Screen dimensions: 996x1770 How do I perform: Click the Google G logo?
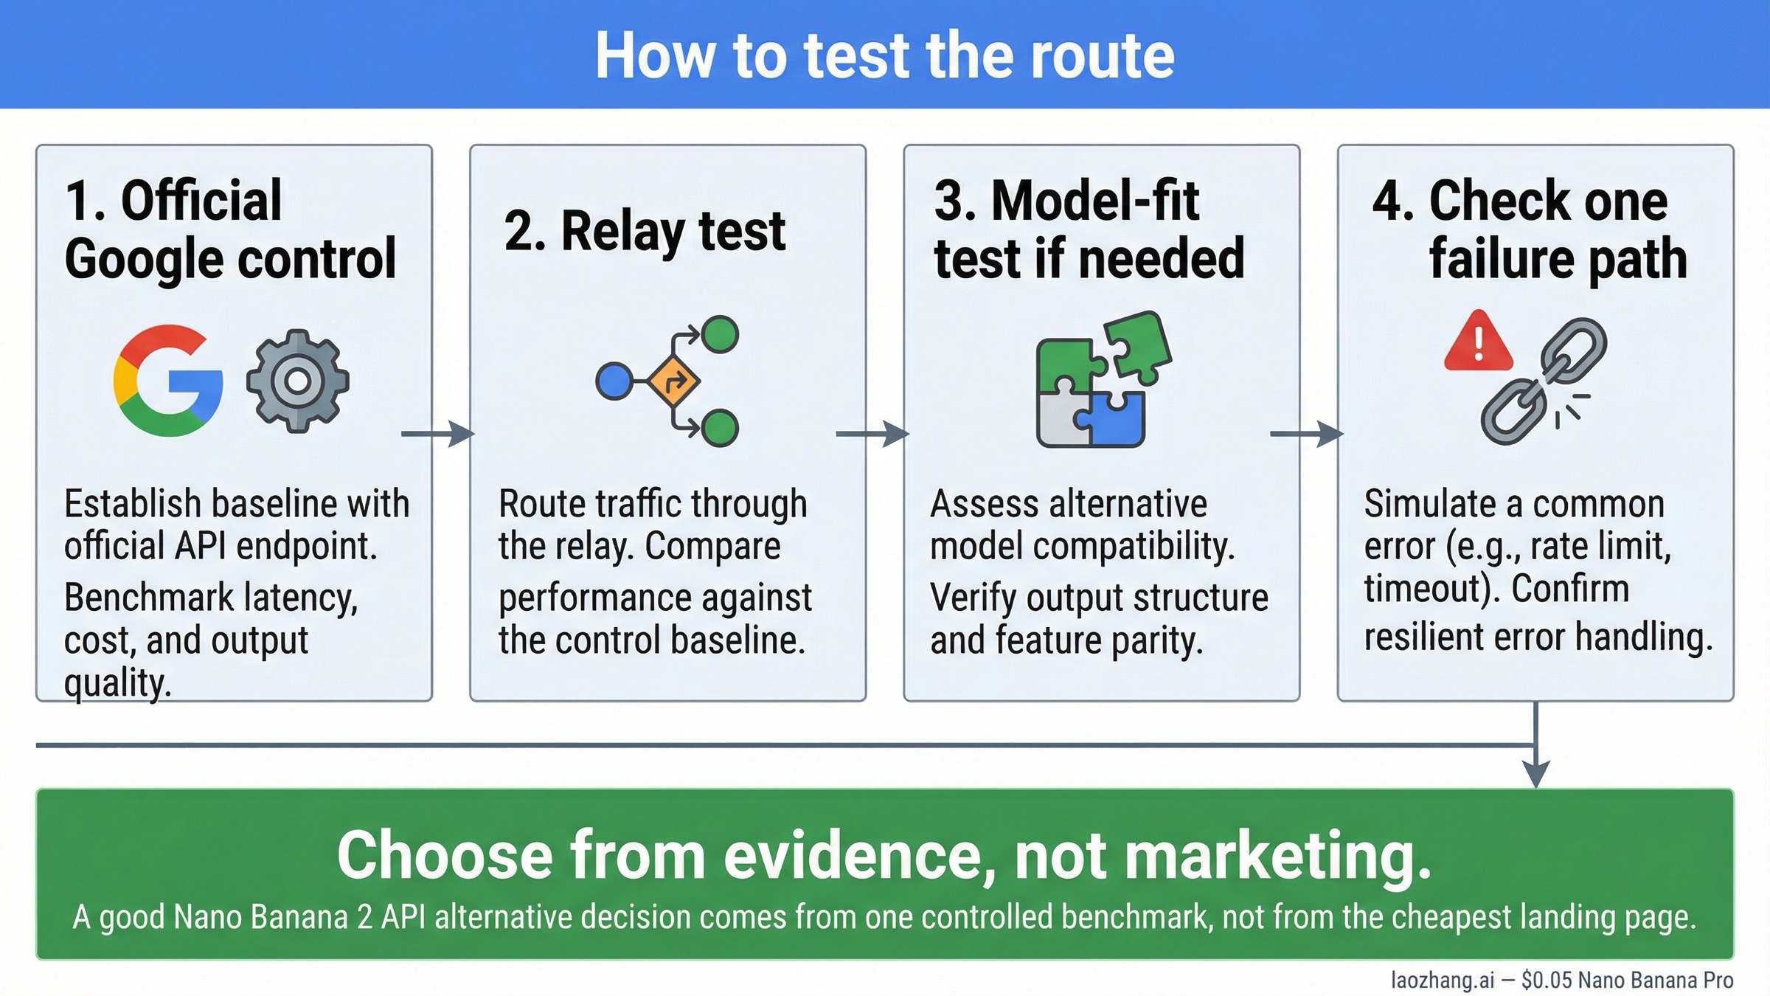(168, 381)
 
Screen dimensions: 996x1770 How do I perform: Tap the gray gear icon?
(297, 381)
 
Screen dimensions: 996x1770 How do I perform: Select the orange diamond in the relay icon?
(673, 381)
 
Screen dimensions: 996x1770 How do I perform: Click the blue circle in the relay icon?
(614, 381)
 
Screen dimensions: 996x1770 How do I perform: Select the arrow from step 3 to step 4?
(1306, 434)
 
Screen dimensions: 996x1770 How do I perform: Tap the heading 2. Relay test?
(645, 231)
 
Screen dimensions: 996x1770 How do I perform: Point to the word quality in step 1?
(117, 683)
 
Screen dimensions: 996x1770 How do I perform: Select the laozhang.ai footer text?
(1442, 980)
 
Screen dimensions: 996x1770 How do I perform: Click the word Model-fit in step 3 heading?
(1095, 201)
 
